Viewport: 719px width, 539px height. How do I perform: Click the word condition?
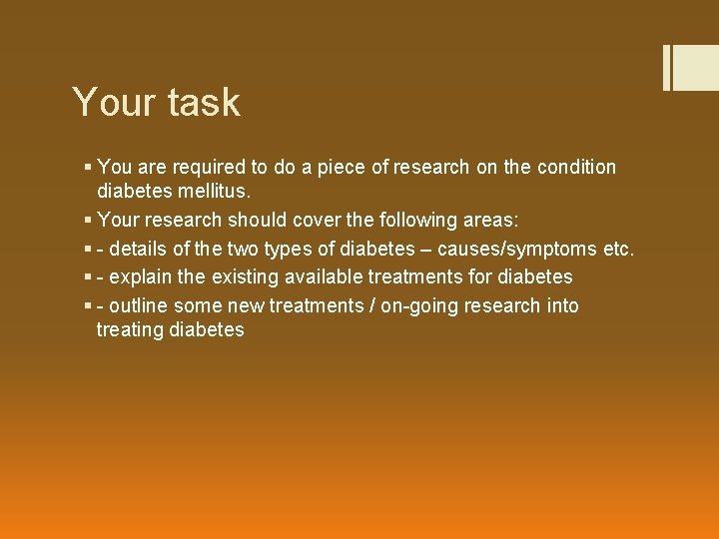tap(577, 168)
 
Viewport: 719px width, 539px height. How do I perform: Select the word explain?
tap(140, 276)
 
